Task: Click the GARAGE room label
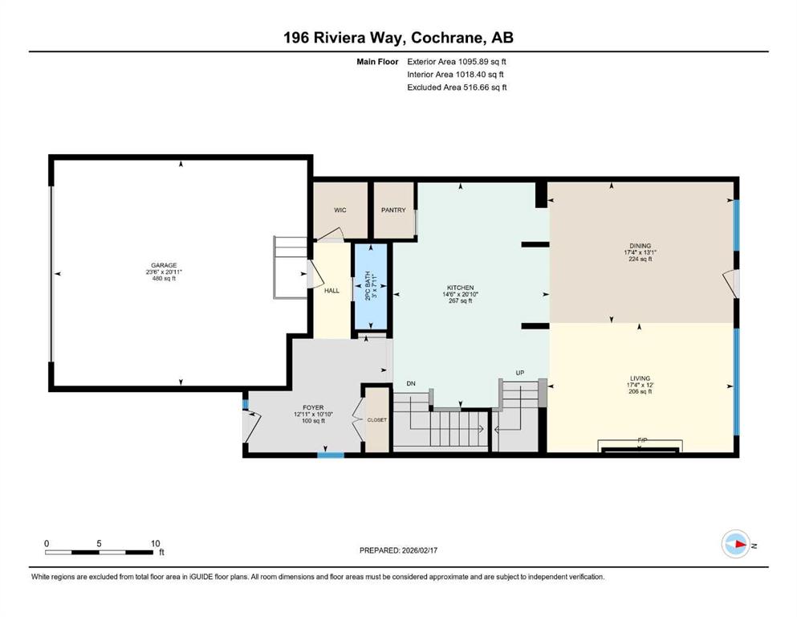tap(164, 265)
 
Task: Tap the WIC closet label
tap(340, 210)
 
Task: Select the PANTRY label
tap(393, 210)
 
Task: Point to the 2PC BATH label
tap(368, 285)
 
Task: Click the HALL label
tap(332, 291)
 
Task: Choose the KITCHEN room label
tap(461, 288)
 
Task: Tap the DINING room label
tap(640, 246)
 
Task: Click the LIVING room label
tap(640, 378)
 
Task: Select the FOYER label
tap(313, 407)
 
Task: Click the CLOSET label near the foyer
tap(377, 420)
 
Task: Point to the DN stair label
tap(411, 383)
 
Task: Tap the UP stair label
tap(520, 373)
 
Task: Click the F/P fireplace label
tap(642, 440)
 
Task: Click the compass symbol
tap(736, 545)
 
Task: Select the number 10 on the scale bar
tap(156, 544)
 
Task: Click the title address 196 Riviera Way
tap(344, 38)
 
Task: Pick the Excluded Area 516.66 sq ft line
tap(457, 87)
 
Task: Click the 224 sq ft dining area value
tap(640, 259)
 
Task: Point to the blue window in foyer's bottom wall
tap(331, 455)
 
